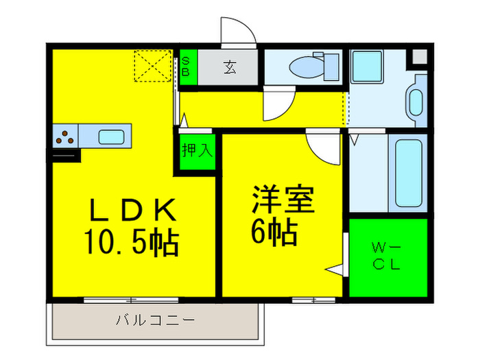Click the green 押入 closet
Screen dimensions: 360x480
pyautogui.click(x=196, y=150)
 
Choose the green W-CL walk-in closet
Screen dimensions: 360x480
pyautogui.click(x=387, y=256)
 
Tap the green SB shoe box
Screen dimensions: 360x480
pyautogui.click(x=187, y=68)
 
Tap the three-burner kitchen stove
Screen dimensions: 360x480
pyautogui.click(x=65, y=136)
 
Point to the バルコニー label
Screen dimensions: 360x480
pyautogui.click(x=155, y=320)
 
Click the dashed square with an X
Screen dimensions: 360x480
pyautogui.click(x=152, y=66)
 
